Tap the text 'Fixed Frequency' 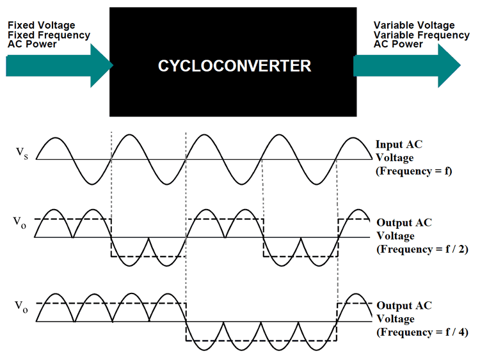(x=49, y=35)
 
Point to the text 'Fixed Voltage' (x=42, y=26)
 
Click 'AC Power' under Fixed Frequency (x=32, y=45)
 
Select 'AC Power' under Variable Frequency (x=398, y=45)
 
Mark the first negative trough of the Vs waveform (x=93, y=182)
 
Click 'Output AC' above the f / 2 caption (x=404, y=223)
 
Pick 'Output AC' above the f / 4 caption (x=404, y=306)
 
